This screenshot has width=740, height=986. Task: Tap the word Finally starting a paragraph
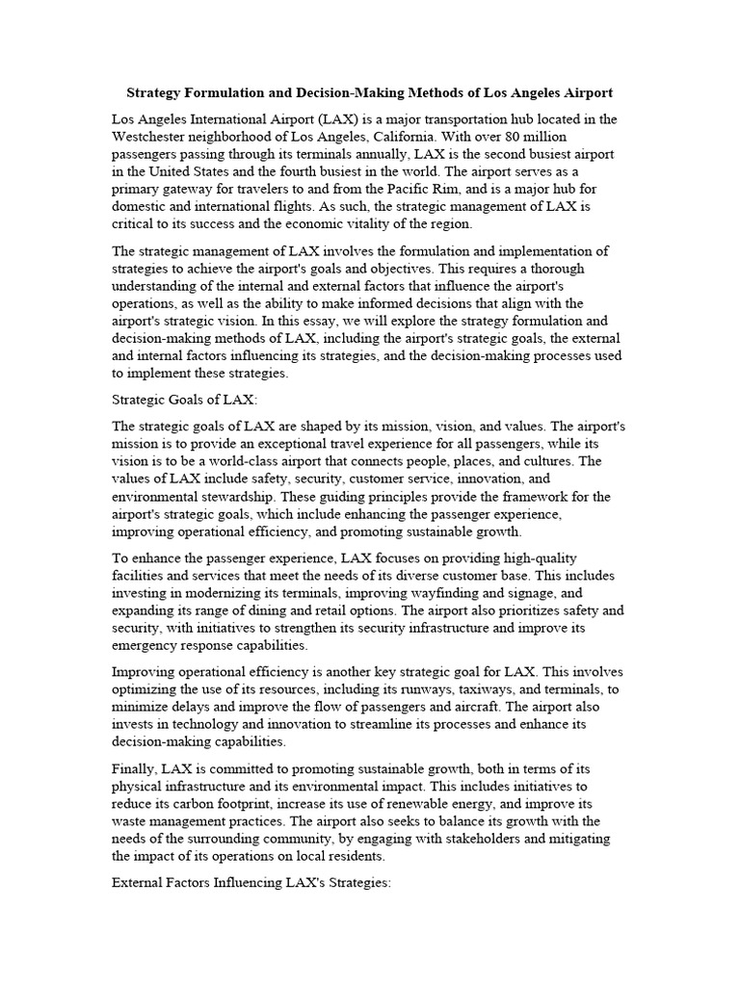pyautogui.click(x=134, y=770)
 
